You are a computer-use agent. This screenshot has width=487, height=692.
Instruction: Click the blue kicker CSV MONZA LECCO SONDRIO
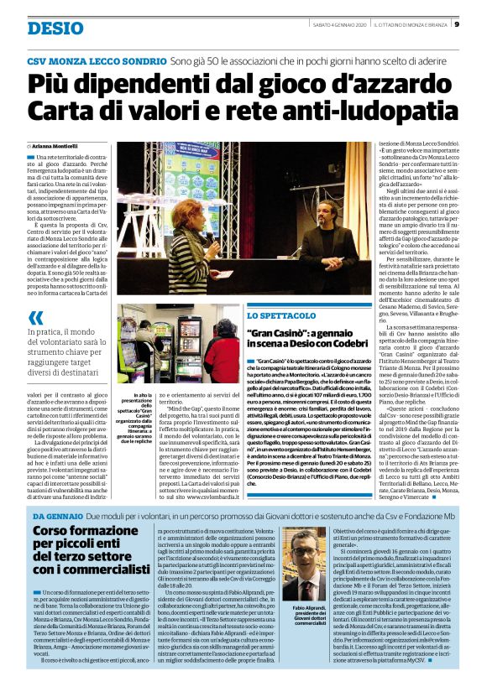[97, 62]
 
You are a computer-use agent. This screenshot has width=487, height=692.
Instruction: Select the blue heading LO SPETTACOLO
[273, 315]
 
